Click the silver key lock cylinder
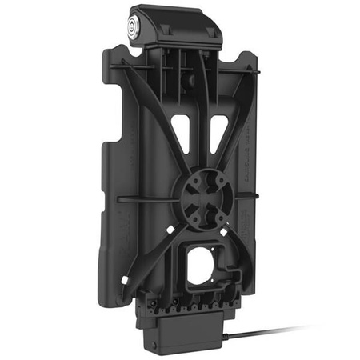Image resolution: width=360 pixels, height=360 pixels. click(134, 25)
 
